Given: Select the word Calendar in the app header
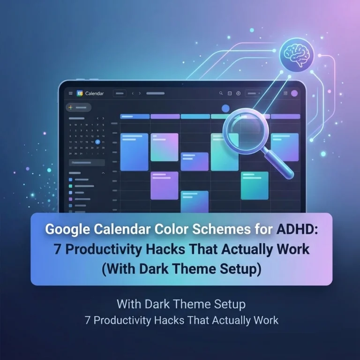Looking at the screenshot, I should (x=94, y=93).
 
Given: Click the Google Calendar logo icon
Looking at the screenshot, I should (x=79, y=93).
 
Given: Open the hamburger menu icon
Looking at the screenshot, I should (x=71, y=93).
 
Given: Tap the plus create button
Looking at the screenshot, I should (x=71, y=107).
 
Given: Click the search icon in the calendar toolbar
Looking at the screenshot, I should (x=221, y=93).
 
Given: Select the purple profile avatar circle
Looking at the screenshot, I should (x=294, y=93).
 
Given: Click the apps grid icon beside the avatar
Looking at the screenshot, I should (x=285, y=93).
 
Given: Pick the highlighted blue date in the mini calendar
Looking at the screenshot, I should (x=97, y=142).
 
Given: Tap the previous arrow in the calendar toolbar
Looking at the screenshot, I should (x=133, y=93).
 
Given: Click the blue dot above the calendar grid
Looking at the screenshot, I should (x=225, y=108).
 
